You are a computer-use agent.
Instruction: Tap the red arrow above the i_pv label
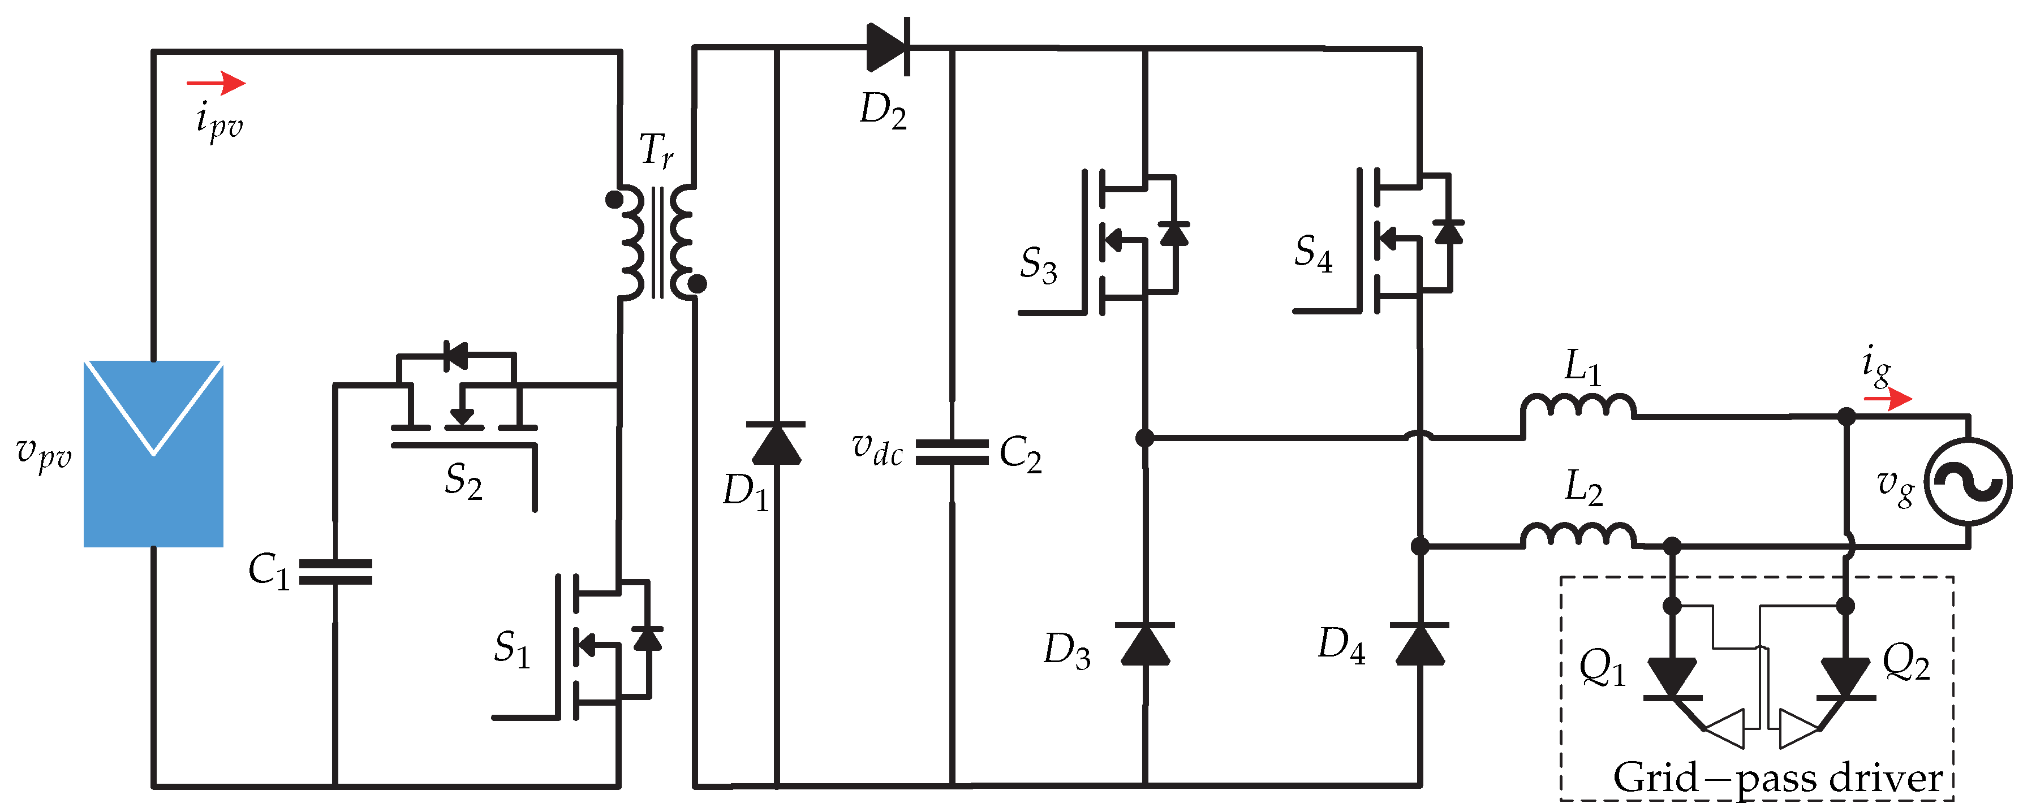(216, 83)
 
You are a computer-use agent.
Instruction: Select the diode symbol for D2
(888, 47)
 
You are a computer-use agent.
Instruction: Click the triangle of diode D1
(776, 444)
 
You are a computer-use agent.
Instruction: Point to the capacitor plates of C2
(952, 452)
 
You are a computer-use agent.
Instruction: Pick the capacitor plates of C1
(335, 572)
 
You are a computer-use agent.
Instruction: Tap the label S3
(1038, 265)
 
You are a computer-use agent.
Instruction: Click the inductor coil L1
(1578, 406)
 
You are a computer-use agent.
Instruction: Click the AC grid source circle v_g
(1970, 481)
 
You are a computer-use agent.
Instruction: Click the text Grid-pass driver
(1777, 778)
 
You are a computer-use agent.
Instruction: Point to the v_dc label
(877, 449)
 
